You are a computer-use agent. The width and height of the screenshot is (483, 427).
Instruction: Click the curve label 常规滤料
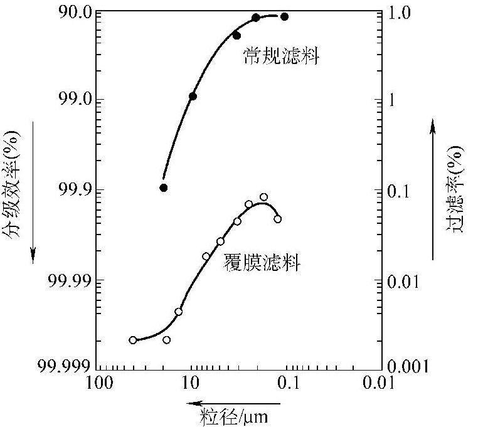[x=282, y=58]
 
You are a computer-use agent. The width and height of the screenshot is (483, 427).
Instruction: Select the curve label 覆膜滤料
[x=262, y=263]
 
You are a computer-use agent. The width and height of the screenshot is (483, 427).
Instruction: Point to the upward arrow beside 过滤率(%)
[x=433, y=188]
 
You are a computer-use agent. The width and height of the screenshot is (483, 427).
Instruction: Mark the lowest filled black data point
[x=164, y=187]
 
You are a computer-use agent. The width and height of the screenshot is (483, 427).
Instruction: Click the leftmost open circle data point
[x=133, y=340]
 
